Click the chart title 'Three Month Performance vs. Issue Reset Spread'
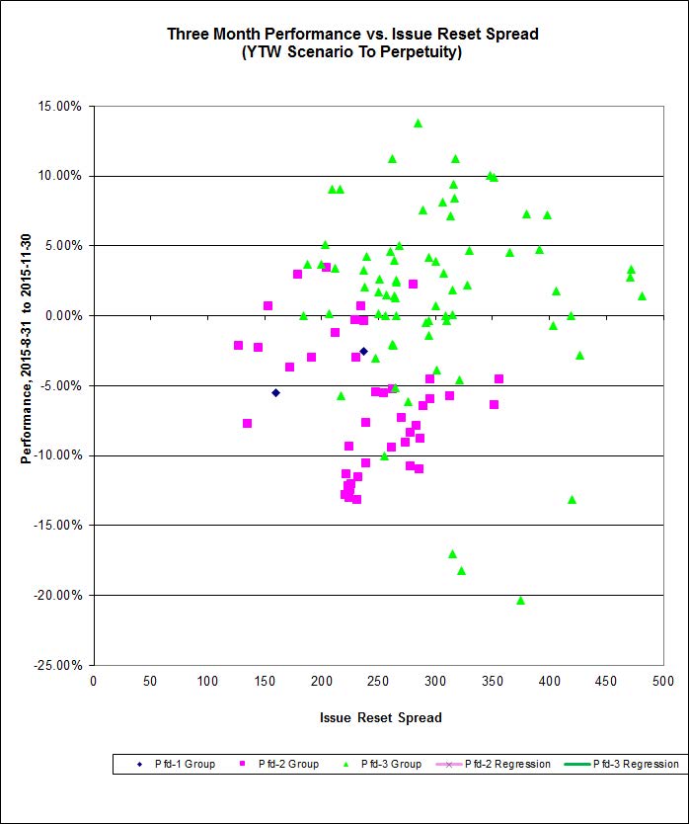point(352,34)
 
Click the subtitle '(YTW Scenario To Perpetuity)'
point(352,52)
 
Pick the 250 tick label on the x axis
point(378,681)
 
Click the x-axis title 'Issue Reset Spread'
point(380,717)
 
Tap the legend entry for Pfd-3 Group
point(390,764)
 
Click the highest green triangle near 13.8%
point(418,124)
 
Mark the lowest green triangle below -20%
point(520,600)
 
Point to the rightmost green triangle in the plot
point(642,295)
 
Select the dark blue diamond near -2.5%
point(363,351)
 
